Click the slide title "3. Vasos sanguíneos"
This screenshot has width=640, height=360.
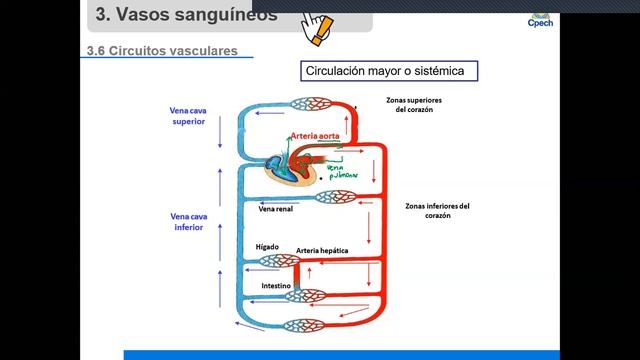pos(176,15)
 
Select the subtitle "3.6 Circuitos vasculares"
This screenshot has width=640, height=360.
pos(161,52)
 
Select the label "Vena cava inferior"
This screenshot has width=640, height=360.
pos(187,221)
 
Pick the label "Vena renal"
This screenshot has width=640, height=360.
pos(275,210)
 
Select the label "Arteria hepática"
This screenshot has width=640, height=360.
pos(322,250)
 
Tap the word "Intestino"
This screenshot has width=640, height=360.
pos(276,285)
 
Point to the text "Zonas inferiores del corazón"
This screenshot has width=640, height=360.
pos(437,211)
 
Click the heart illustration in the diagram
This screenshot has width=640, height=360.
pos(290,168)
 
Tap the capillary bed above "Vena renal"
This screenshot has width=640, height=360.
pos(336,197)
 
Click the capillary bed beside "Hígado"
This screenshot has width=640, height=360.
pos(278,262)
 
